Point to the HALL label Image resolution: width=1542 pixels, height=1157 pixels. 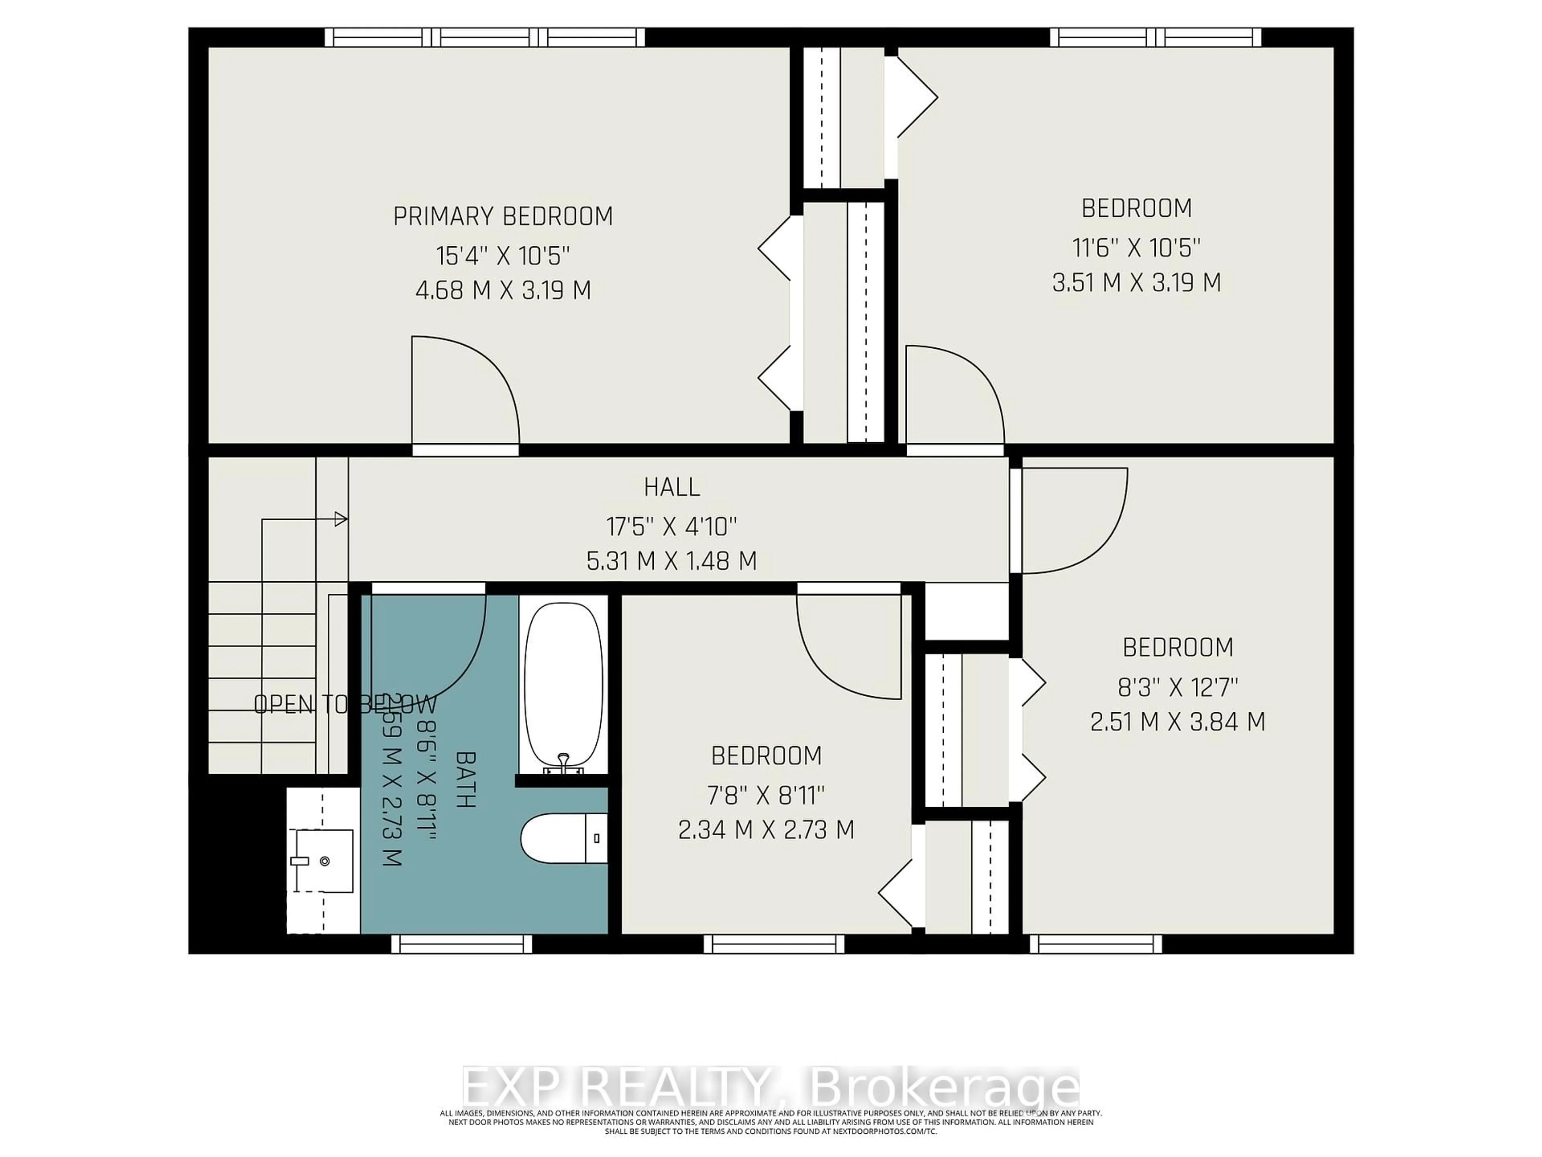pos(671,487)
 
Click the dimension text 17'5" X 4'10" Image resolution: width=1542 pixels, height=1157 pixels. pos(671,526)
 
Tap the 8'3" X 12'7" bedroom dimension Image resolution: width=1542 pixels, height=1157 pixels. pos(1177,688)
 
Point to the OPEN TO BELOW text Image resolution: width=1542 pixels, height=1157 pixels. pos(345,704)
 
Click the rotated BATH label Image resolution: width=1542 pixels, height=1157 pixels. pos(466,779)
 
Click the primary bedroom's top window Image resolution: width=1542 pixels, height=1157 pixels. pos(485,37)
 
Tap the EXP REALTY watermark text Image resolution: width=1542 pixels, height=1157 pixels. pos(770,1087)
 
